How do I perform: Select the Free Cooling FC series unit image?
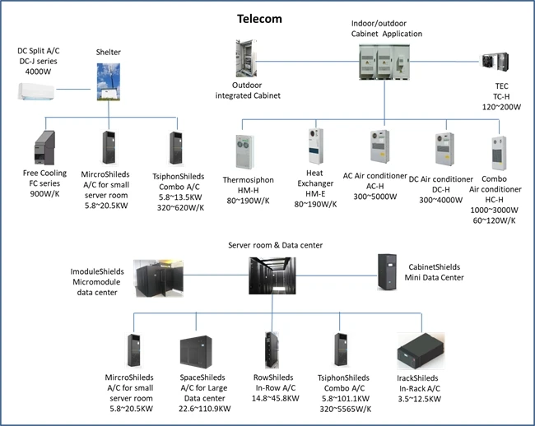click(x=44, y=148)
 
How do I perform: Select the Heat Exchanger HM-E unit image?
click(x=314, y=147)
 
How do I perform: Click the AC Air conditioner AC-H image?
click(x=375, y=148)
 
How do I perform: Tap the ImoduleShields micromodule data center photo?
click(x=159, y=277)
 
